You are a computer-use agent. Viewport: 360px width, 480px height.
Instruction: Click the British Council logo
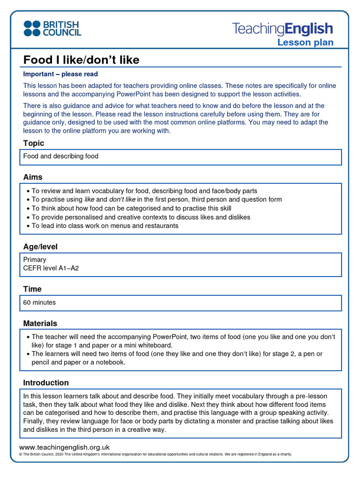(x=52, y=29)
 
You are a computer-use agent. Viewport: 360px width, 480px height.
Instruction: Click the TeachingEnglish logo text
(x=282, y=29)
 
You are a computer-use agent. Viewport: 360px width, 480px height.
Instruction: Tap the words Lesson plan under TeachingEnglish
(x=305, y=43)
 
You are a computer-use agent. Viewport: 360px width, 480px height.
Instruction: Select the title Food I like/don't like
(x=81, y=60)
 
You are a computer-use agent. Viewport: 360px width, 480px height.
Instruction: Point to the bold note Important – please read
(x=60, y=74)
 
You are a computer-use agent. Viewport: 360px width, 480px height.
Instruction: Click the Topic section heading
(x=34, y=143)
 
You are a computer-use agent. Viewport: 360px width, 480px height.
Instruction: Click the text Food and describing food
(x=61, y=156)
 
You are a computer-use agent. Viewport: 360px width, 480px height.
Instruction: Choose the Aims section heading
(x=33, y=177)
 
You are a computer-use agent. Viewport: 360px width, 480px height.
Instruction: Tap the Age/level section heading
(x=40, y=247)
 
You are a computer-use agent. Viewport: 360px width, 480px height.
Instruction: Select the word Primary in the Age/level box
(x=35, y=259)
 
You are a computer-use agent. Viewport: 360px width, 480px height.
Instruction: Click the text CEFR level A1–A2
(x=54, y=268)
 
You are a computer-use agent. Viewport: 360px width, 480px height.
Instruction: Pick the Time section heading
(x=32, y=289)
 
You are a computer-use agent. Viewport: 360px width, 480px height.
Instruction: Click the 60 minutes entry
(x=39, y=302)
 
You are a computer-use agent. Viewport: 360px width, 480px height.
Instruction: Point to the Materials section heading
(x=40, y=323)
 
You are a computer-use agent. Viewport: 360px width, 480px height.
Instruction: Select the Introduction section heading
(x=46, y=382)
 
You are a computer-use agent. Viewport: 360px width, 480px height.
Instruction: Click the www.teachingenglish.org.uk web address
(x=64, y=447)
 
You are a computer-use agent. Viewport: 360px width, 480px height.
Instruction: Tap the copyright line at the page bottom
(x=155, y=454)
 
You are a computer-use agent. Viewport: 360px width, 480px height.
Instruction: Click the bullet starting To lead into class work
(x=105, y=225)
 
